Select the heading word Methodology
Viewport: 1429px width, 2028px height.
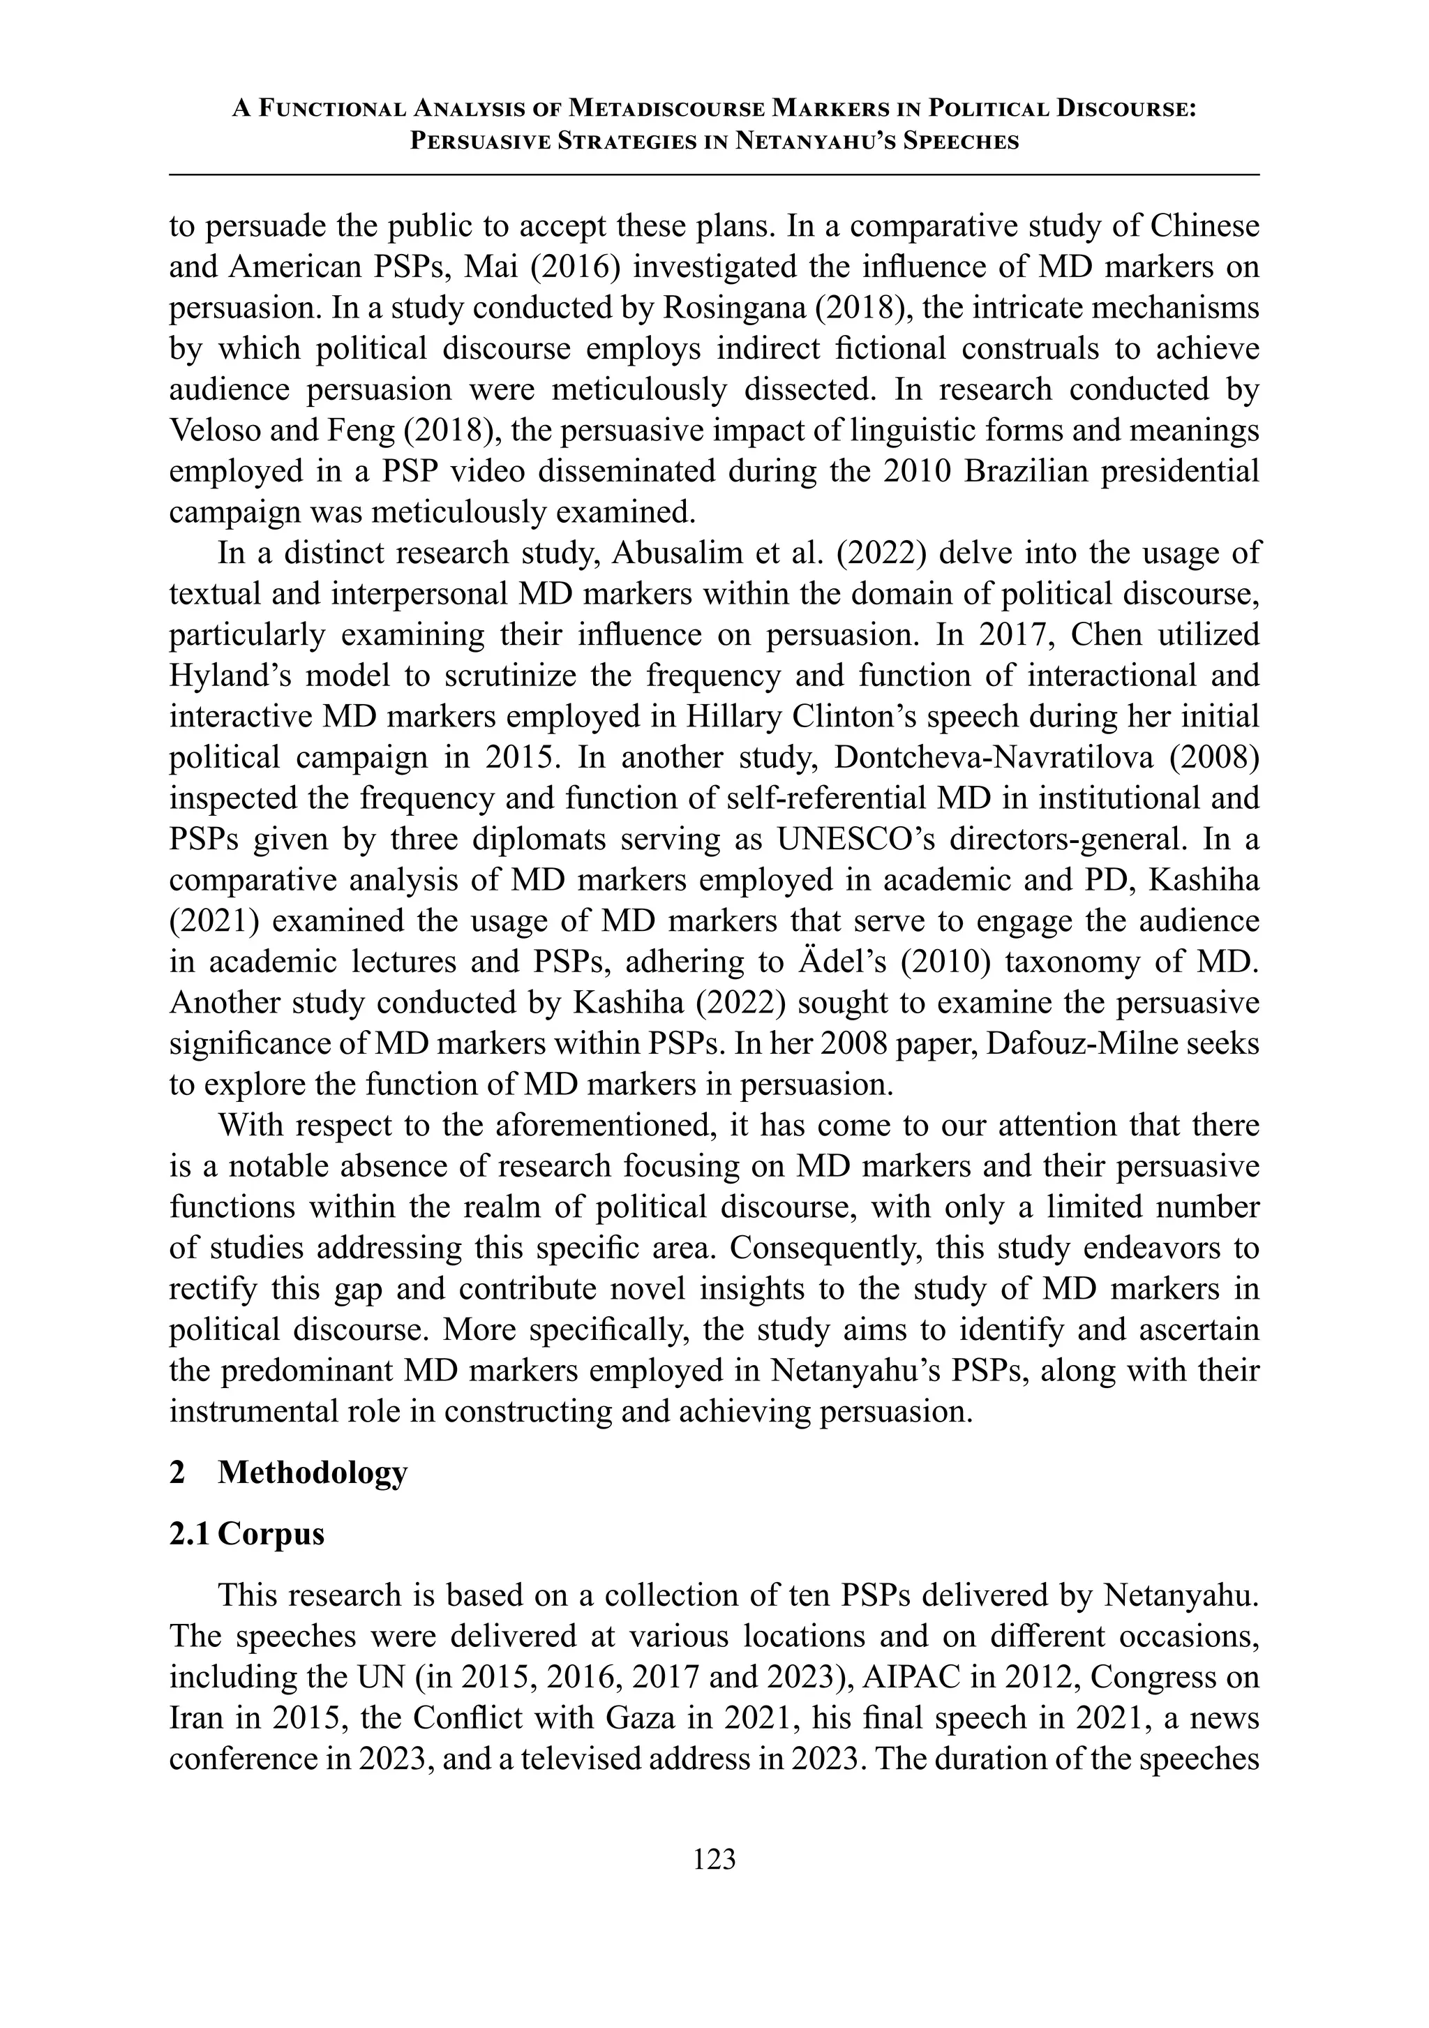point(313,1472)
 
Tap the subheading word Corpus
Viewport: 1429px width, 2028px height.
point(271,1533)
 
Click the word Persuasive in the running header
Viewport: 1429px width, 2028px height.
point(479,142)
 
